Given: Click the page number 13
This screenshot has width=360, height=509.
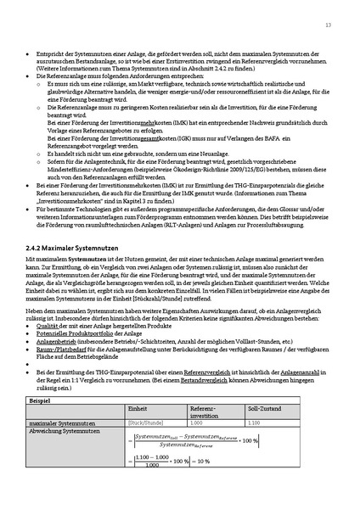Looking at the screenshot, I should pyautogui.click(x=328, y=25).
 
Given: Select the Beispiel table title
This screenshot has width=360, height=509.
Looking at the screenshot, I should pyautogui.click(x=41, y=399).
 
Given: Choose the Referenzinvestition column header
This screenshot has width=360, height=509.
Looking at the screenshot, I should pyautogui.click(x=203, y=412).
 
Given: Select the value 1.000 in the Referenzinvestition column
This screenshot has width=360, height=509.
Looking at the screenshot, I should pyautogui.click(x=196, y=422).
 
